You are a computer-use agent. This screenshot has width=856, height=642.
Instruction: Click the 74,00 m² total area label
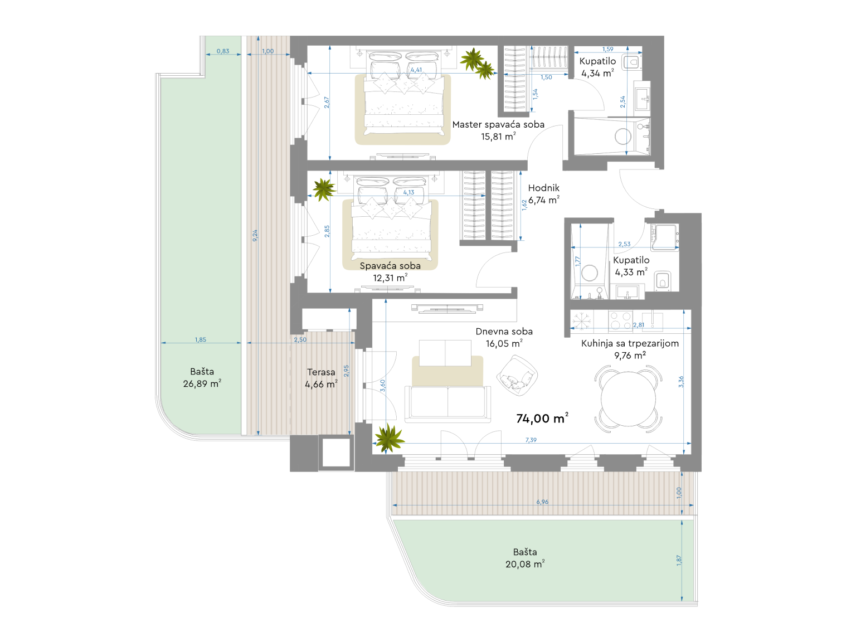click(542, 419)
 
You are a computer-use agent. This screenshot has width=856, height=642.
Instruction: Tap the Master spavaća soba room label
click(498, 125)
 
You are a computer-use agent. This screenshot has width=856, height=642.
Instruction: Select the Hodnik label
click(543, 188)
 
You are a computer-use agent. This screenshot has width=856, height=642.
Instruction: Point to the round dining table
click(628, 399)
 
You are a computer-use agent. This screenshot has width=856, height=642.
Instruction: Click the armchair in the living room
click(517, 376)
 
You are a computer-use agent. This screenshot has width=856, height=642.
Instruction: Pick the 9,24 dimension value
click(255, 235)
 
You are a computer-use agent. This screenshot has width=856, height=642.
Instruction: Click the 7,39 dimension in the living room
click(531, 440)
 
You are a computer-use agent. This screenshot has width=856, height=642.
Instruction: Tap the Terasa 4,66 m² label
click(321, 378)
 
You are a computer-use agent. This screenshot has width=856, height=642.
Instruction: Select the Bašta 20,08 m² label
click(525, 558)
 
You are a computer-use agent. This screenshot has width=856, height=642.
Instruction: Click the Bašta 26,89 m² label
click(202, 377)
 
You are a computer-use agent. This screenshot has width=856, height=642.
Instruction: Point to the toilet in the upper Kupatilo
click(631, 62)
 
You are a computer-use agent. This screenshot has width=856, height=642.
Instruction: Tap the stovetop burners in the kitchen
click(620, 320)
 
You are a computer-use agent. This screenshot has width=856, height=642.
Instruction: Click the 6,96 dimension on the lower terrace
click(542, 502)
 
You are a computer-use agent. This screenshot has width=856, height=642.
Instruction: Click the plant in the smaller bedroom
click(323, 189)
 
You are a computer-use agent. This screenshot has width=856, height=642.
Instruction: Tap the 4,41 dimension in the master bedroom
click(416, 70)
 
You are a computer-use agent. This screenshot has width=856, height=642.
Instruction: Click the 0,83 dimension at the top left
click(223, 51)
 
